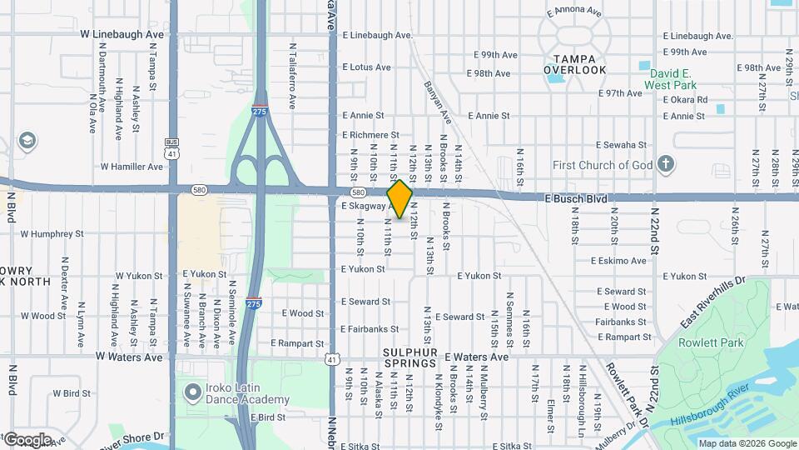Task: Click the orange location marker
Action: tap(399, 199)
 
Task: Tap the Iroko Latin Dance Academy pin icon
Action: tap(193, 390)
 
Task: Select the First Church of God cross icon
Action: tap(665, 165)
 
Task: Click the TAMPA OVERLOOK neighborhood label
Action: tap(575, 64)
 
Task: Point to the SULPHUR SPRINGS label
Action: tap(410, 357)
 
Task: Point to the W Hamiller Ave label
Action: tap(132, 167)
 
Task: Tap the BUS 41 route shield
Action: tap(172, 149)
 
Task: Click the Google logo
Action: tap(27, 440)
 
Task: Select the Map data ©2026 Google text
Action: tap(747, 443)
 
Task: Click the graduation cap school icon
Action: tap(27, 139)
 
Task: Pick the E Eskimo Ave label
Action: tap(618, 261)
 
